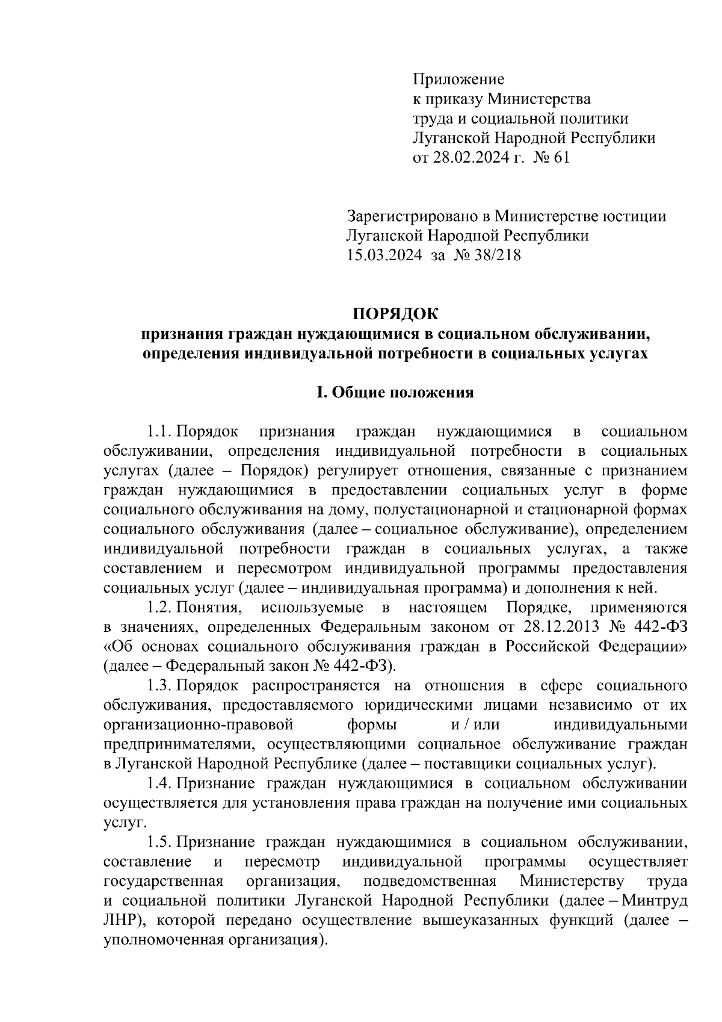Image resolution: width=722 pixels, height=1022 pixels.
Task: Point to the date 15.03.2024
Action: click(x=380, y=255)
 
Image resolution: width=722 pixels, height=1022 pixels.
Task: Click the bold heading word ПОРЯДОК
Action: click(x=395, y=314)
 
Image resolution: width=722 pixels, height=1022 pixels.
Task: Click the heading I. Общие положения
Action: click(x=395, y=393)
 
